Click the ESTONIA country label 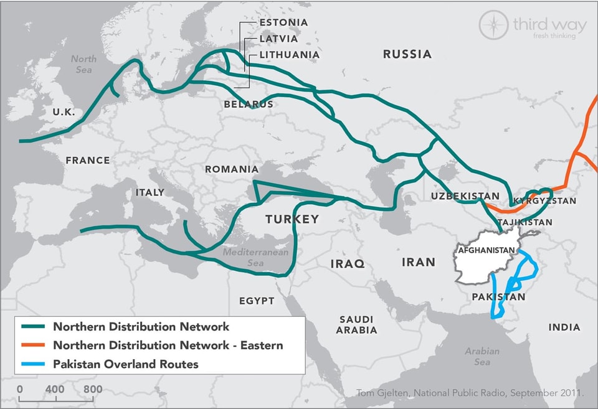[283, 22]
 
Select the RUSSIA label [407, 54]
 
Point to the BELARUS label [249, 105]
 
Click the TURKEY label [292, 219]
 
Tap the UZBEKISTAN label [465, 197]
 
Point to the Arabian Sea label [482, 356]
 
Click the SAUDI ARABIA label [356, 324]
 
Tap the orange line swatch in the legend [34, 346]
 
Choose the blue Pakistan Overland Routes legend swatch [34, 364]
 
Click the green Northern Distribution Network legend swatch [34, 327]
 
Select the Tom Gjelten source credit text [470, 393]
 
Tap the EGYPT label [257, 301]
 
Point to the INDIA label [564, 327]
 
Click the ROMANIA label [231, 169]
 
